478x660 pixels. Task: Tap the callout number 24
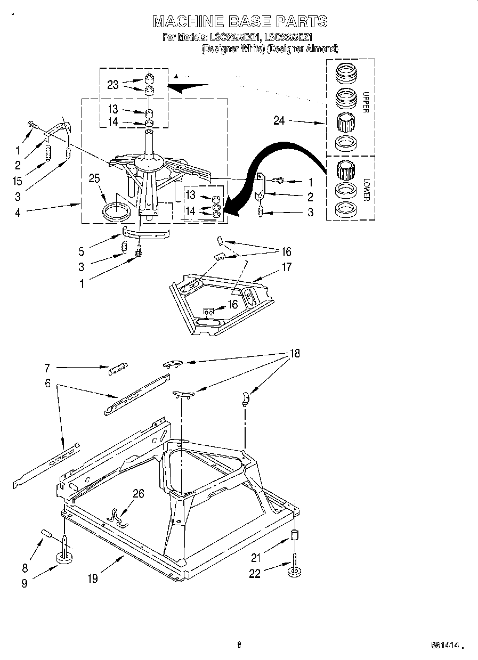[279, 121]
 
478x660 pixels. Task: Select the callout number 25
[94, 178]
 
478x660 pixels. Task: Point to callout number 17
[287, 267]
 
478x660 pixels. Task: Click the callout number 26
[138, 493]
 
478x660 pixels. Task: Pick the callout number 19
[93, 577]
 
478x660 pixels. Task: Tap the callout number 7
[47, 367]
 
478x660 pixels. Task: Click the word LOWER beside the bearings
[366, 189]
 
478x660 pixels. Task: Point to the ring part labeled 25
[116, 211]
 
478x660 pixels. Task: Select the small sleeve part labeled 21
[294, 535]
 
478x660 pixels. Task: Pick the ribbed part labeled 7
[118, 369]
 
